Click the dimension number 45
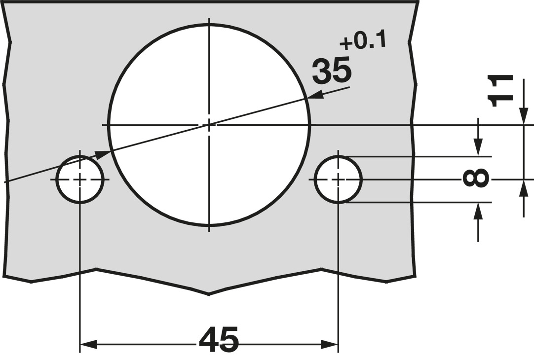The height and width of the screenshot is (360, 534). coord(219,339)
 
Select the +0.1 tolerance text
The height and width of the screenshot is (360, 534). coord(363,42)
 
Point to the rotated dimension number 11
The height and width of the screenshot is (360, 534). coord(499,91)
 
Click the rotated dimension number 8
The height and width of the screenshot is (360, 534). coord(476,179)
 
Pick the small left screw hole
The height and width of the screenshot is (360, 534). coord(80,180)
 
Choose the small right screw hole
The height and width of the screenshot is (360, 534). coord(339,180)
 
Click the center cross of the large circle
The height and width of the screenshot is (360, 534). coord(209,125)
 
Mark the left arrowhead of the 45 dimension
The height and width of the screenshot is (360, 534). coord(88,344)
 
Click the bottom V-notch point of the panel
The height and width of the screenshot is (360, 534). coord(208,294)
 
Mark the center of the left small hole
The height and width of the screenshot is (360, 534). coord(80,180)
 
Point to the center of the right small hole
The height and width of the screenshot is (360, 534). coord(339,180)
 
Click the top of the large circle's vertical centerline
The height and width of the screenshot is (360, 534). coord(209,20)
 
